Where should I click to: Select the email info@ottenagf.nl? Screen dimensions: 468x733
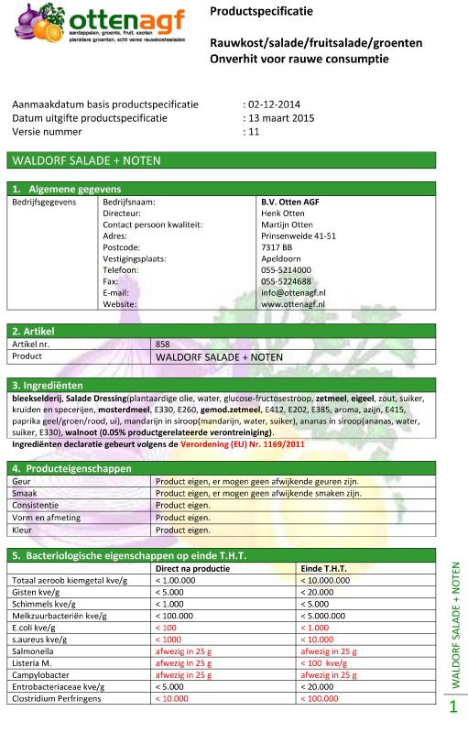tap(293, 292)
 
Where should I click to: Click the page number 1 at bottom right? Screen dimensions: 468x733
tap(452, 707)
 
